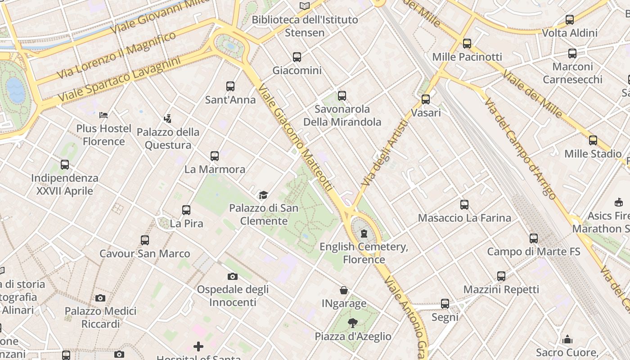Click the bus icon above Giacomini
297,57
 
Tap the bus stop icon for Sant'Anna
230,86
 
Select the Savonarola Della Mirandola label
342,116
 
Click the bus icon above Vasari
426,99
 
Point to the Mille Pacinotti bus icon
467,44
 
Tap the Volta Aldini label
570,33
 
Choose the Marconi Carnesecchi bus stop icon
572,54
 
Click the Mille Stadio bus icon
593,140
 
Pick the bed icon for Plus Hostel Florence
103,115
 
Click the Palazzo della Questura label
168,139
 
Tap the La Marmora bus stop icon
215,156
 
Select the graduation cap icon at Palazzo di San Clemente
263,195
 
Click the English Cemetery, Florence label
364,253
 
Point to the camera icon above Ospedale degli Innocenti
233,276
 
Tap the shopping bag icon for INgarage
344,290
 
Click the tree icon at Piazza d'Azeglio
353,323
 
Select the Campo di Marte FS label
534,252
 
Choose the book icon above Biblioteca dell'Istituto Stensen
305,6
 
